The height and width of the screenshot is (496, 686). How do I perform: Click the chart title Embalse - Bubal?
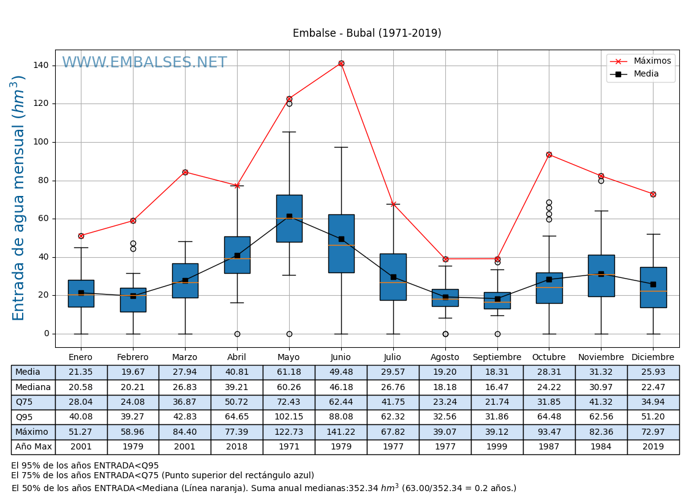[366, 34]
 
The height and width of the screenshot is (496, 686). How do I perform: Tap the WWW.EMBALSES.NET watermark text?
[144, 63]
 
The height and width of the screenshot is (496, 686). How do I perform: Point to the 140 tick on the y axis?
[42, 66]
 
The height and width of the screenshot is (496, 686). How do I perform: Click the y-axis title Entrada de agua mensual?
[19, 197]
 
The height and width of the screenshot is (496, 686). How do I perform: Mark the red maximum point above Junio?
[341, 63]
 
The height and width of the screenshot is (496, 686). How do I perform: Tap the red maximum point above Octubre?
[549, 154]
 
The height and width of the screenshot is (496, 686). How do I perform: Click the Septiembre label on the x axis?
[497, 358]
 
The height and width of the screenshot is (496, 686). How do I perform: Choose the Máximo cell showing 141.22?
[341, 432]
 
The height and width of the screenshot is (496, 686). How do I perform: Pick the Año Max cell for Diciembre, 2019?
[653, 447]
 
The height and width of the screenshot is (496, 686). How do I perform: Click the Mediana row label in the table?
[33, 388]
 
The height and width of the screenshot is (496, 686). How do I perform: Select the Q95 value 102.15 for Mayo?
[288, 418]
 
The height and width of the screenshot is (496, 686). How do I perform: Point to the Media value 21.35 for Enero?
[81, 372]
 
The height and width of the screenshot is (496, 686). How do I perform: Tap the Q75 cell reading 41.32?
[601, 402]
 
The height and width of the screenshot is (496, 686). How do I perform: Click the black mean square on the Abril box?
[237, 255]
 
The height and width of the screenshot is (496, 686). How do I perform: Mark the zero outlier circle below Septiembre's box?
[497, 334]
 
